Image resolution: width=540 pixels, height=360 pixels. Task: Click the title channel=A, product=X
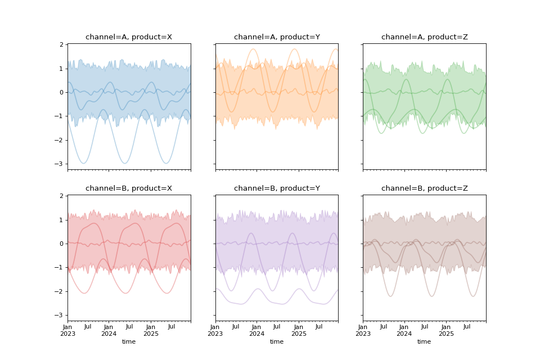(129, 37)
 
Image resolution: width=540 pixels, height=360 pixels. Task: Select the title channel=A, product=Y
(277, 37)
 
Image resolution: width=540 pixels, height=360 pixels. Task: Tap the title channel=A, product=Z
(424, 37)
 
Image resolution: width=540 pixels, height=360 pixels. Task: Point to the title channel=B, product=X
(129, 188)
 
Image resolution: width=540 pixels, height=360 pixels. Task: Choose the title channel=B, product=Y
(277, 188)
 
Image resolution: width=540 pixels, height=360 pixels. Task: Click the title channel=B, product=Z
(424, 188)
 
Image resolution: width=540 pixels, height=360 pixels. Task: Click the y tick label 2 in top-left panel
(61, 44)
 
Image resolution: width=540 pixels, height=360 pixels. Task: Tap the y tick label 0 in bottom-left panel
(61, 244)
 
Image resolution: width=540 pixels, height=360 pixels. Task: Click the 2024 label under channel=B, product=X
(109, 334)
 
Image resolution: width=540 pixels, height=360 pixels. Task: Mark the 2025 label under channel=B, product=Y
(298, 334)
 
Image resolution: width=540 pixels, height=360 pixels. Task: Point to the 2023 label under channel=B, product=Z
(363, 334)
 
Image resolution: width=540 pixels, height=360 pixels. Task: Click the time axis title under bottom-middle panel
(277, 341)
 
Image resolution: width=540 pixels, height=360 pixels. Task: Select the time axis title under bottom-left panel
(129, 341)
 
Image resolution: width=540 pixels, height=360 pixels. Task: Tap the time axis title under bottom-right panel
(424, 341)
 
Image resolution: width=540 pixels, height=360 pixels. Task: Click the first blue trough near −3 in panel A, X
(84, 163)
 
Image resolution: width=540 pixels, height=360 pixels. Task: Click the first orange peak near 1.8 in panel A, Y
(253, 49)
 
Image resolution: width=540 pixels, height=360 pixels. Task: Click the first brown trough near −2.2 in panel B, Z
(391, 296)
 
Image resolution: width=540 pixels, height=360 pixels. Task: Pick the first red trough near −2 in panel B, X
(84, 293)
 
